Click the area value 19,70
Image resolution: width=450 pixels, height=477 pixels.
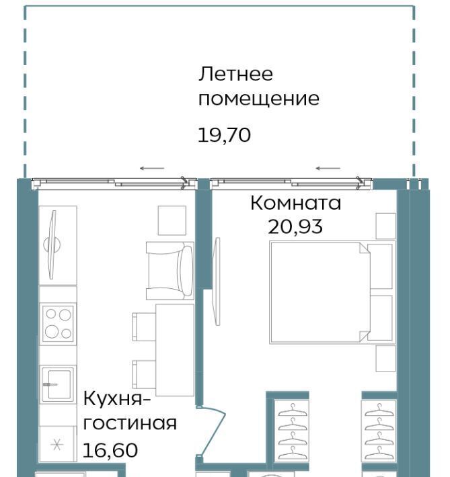tap(224, 135)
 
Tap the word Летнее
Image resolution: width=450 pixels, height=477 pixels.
tap(235, 74)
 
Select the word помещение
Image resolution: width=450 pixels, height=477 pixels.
tap(259, 99)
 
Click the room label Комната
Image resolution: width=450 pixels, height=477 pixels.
tap(295, 203)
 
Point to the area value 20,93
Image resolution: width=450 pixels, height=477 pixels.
tap(295, 226)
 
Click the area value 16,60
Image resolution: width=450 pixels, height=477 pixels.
tap(110, 451)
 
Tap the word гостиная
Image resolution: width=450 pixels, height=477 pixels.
tap(130, 423)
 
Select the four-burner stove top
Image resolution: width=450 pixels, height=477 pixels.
tap(58, 323)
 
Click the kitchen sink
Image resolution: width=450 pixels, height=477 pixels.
tap(57, 384)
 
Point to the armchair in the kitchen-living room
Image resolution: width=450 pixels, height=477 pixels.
tap(170, 271)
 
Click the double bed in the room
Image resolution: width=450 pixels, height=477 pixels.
tap(332, 292)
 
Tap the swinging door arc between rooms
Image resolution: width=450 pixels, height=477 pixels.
tap(213, 432)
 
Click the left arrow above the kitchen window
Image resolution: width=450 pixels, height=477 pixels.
tap(152, 168)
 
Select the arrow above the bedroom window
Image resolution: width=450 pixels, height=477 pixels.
tap(328, 168)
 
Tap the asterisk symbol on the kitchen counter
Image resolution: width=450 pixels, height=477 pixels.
tap(57, 445)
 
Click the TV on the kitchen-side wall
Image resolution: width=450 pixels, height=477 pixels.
tap(52, 245)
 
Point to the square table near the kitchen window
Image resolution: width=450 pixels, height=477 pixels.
tap(172, 220)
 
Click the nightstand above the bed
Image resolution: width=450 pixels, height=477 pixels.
tap(385, 226)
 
